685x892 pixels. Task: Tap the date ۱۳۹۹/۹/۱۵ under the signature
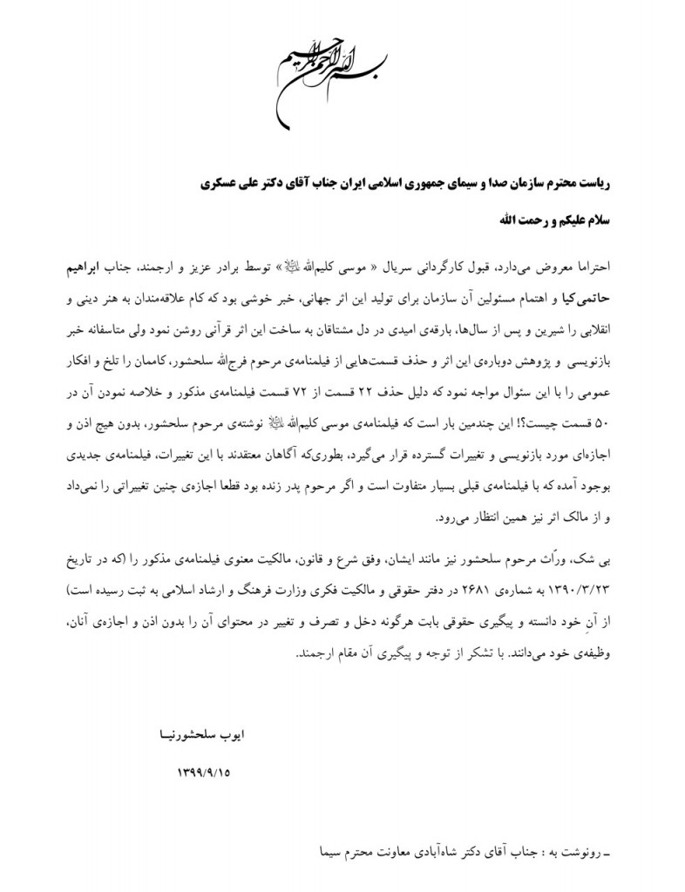(205, 772)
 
